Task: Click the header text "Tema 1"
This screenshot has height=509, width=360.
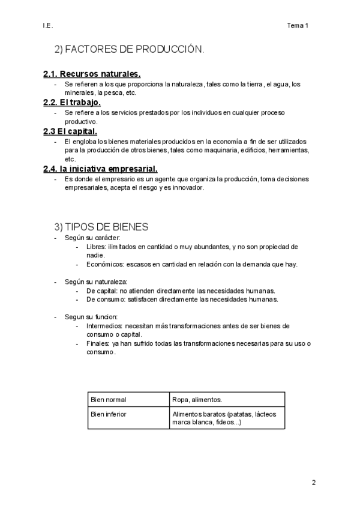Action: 298,25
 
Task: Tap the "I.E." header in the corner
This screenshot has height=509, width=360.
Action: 48,25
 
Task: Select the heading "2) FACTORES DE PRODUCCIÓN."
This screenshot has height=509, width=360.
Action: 129,50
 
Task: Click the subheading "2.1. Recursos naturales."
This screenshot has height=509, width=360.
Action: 92,74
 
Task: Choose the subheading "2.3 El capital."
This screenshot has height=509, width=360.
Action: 70,131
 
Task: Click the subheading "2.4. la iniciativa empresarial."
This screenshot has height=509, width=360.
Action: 100,169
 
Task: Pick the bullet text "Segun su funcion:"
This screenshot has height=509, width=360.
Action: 91,316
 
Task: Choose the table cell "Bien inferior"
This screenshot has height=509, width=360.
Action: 109,414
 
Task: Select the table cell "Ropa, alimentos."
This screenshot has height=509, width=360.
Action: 197,399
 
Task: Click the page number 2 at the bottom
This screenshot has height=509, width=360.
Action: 313,482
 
